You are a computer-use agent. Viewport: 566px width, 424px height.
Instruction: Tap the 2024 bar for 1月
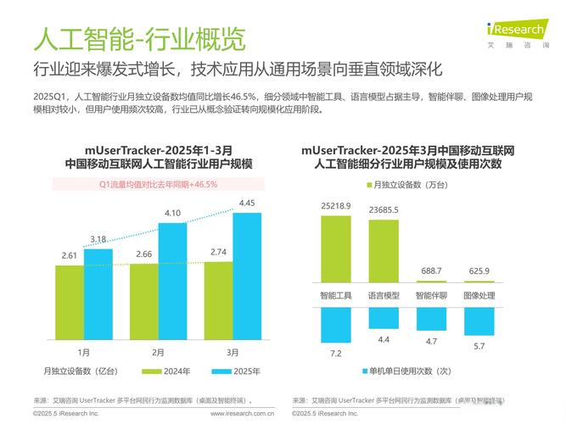pyautogui.click(x=69, y=300)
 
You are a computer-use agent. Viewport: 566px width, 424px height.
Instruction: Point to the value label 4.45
pyautogui.click(x=247, y=203)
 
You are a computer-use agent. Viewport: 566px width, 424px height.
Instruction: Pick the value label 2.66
pyautogui.click(x=143, y=254)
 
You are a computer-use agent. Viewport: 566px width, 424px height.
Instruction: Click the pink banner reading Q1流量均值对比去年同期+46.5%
pyautogui.click(x=159, y=183)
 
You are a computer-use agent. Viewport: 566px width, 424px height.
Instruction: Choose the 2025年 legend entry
pyautogui.click(x=235, y=371)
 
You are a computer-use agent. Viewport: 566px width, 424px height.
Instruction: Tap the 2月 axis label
pyautogui.click(x=158, y=352)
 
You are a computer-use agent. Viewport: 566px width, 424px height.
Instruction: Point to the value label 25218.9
pyautogui.click(x=336, y=206)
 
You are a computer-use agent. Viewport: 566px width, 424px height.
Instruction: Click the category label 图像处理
pyautogui.click(x=479, y=296)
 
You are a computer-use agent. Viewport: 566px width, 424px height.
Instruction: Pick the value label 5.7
pyautogui.click(x=479, y=345)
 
